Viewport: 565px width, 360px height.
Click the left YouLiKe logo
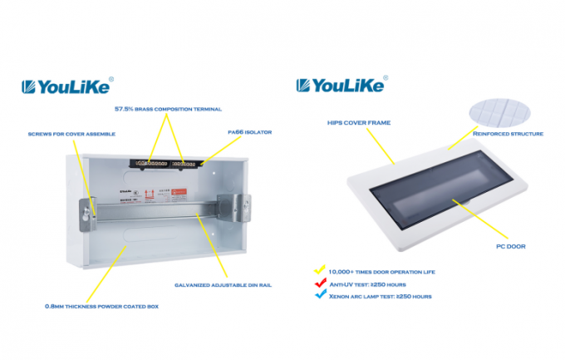[66, 86]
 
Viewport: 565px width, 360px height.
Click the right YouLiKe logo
[341, 86]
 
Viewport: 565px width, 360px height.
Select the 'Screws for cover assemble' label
[71, 133]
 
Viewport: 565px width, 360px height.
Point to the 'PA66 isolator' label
[249, 131]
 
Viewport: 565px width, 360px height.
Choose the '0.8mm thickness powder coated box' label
[102, 306]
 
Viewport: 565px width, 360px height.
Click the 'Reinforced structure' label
[508, 133]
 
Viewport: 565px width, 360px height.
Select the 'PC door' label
[510, 246]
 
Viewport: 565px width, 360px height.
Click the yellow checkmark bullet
[319, 269]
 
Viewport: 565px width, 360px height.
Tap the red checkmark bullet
[319, 283]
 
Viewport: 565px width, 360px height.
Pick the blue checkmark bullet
[319, 295]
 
